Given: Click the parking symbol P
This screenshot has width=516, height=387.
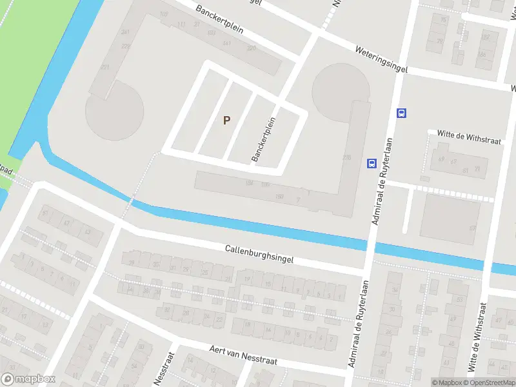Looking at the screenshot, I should coord(226,120).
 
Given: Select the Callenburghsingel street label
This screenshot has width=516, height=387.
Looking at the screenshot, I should coord(259,253).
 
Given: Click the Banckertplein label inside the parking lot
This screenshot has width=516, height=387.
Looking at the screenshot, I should coord(264,139).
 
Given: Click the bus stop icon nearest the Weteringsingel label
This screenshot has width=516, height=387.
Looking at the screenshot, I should coord(401,114).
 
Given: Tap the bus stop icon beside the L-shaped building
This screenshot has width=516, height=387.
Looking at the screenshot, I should coord(372,163).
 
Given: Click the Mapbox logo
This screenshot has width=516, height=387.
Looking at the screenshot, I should coord(28,379).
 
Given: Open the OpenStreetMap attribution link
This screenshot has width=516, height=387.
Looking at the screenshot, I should coord(491,382).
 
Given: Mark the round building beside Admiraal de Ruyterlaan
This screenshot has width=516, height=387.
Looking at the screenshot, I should coord(341,90).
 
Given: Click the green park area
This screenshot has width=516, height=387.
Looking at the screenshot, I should coord(26,64).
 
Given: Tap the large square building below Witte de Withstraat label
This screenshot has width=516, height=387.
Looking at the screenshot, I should coord(450,218).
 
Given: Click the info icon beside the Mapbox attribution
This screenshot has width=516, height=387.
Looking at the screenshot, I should coord(427,382).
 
